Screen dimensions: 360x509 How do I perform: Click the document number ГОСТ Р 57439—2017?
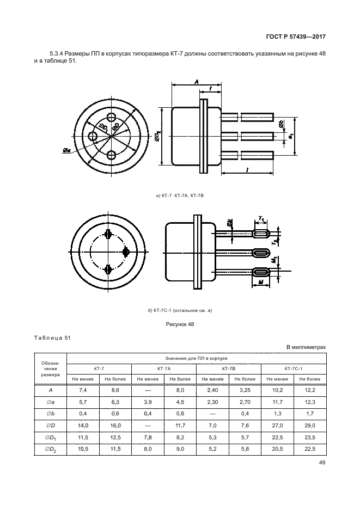point(296,36)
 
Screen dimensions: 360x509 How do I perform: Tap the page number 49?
point(322,463)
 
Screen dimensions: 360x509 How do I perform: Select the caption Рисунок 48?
point(180,324)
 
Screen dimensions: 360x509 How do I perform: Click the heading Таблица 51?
point(52,338)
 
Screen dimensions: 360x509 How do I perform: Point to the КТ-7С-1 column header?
point(294,369)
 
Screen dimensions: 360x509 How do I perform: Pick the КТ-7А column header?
point(164,369)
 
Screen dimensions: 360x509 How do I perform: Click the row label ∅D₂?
point(50,450)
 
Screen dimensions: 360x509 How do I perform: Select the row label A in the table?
point(50,390)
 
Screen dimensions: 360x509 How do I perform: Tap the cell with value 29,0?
point(310,426)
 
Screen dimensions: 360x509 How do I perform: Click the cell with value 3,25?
point(245,390)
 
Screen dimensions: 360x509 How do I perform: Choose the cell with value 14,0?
point(83,426)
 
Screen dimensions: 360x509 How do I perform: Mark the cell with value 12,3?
point(310,402)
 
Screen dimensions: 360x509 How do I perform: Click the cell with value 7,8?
point(148,437)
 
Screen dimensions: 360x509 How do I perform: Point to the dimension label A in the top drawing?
point(197,82)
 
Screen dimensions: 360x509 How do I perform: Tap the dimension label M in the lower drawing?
point(261,283)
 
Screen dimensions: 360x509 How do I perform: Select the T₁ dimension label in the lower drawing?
point(261,219)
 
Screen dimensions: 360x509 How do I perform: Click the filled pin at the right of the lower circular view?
point(126,252)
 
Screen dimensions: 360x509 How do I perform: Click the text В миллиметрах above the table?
point(306,347)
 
